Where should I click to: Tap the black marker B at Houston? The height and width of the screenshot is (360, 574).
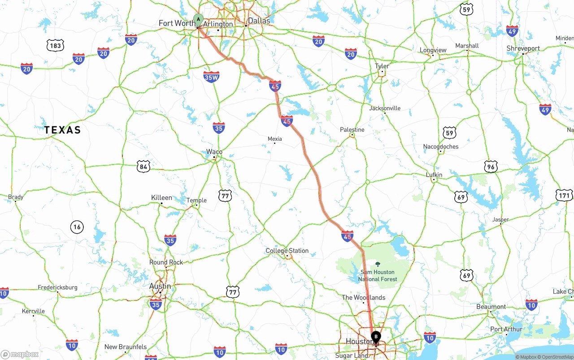(376, 336)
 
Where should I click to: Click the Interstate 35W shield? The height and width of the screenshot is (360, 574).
(211, 77)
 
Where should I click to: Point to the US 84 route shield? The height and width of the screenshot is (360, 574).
(143, 166)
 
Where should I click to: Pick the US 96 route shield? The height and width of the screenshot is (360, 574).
(491, 167)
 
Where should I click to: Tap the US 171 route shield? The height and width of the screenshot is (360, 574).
(564, 195)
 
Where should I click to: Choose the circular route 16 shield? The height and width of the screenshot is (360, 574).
(77, 227)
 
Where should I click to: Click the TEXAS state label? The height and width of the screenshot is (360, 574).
(63, 130)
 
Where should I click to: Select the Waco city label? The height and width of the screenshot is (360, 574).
(214, 152)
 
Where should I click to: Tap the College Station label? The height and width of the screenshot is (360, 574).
(287, 251)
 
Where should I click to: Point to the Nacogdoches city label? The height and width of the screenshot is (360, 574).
(441, 147)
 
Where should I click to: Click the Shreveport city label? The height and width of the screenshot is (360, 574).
(523, 48)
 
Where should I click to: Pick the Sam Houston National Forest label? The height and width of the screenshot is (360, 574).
(378, 275)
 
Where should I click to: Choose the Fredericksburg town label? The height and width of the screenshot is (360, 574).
(57, 287)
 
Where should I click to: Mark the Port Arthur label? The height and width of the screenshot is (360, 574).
(506, 329)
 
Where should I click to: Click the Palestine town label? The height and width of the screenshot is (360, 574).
(352, 130)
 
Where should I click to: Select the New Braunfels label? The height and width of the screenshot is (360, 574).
(125, 347)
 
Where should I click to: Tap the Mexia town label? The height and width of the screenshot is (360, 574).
(274, 139)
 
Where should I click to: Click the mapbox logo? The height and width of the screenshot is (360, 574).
(20, 355)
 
